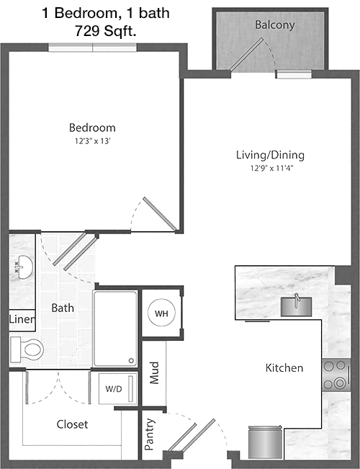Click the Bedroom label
92,128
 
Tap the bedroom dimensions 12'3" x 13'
93,141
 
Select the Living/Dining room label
270,155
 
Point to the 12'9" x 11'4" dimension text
271,168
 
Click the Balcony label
275,24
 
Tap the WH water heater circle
161,313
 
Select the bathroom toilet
27,349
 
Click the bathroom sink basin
24,267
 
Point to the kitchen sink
296,305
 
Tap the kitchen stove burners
336,375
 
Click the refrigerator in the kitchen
266,442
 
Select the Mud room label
154,372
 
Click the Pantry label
150,434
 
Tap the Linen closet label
22,319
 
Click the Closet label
72,424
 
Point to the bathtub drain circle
131,361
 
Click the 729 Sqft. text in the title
106,30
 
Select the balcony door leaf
246,55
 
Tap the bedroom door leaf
160,214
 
